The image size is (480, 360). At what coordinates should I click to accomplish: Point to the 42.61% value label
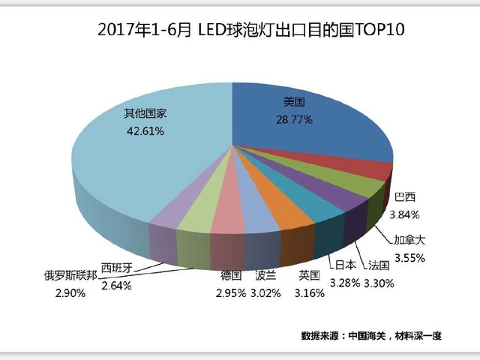[x=144, y=130]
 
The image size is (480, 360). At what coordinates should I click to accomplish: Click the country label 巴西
[x=404, y=197]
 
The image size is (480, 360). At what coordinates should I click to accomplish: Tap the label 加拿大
[x=409, y=241]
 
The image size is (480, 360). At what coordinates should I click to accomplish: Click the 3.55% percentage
[x=409, y=257]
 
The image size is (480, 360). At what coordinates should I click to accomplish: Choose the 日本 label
[x=345, y=265]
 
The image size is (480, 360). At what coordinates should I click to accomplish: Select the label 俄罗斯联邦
[x=70, y=276]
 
